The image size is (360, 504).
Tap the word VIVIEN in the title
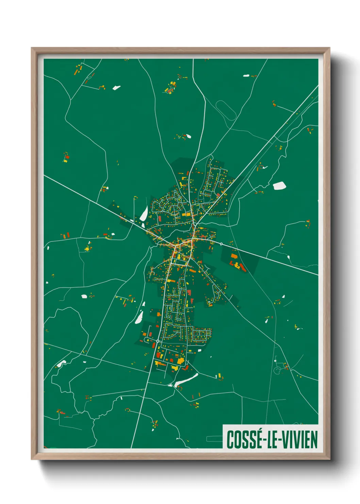tap(298, 440)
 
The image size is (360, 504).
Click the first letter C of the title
tap(230, 440)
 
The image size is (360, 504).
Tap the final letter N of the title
tap(314, 440)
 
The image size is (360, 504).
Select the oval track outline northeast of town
tap(226, 110)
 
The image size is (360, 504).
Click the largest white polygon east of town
tap(279, 186)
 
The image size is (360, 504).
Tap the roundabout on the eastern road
tap(221, 244)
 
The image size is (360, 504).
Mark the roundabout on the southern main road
tap(158, 341)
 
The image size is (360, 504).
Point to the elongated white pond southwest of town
tap(139, 317)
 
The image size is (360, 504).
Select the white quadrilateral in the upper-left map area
tap(116, 88)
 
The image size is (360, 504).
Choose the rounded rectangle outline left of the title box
tap(214, 439)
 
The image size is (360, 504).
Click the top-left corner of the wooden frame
tap(32, 48)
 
